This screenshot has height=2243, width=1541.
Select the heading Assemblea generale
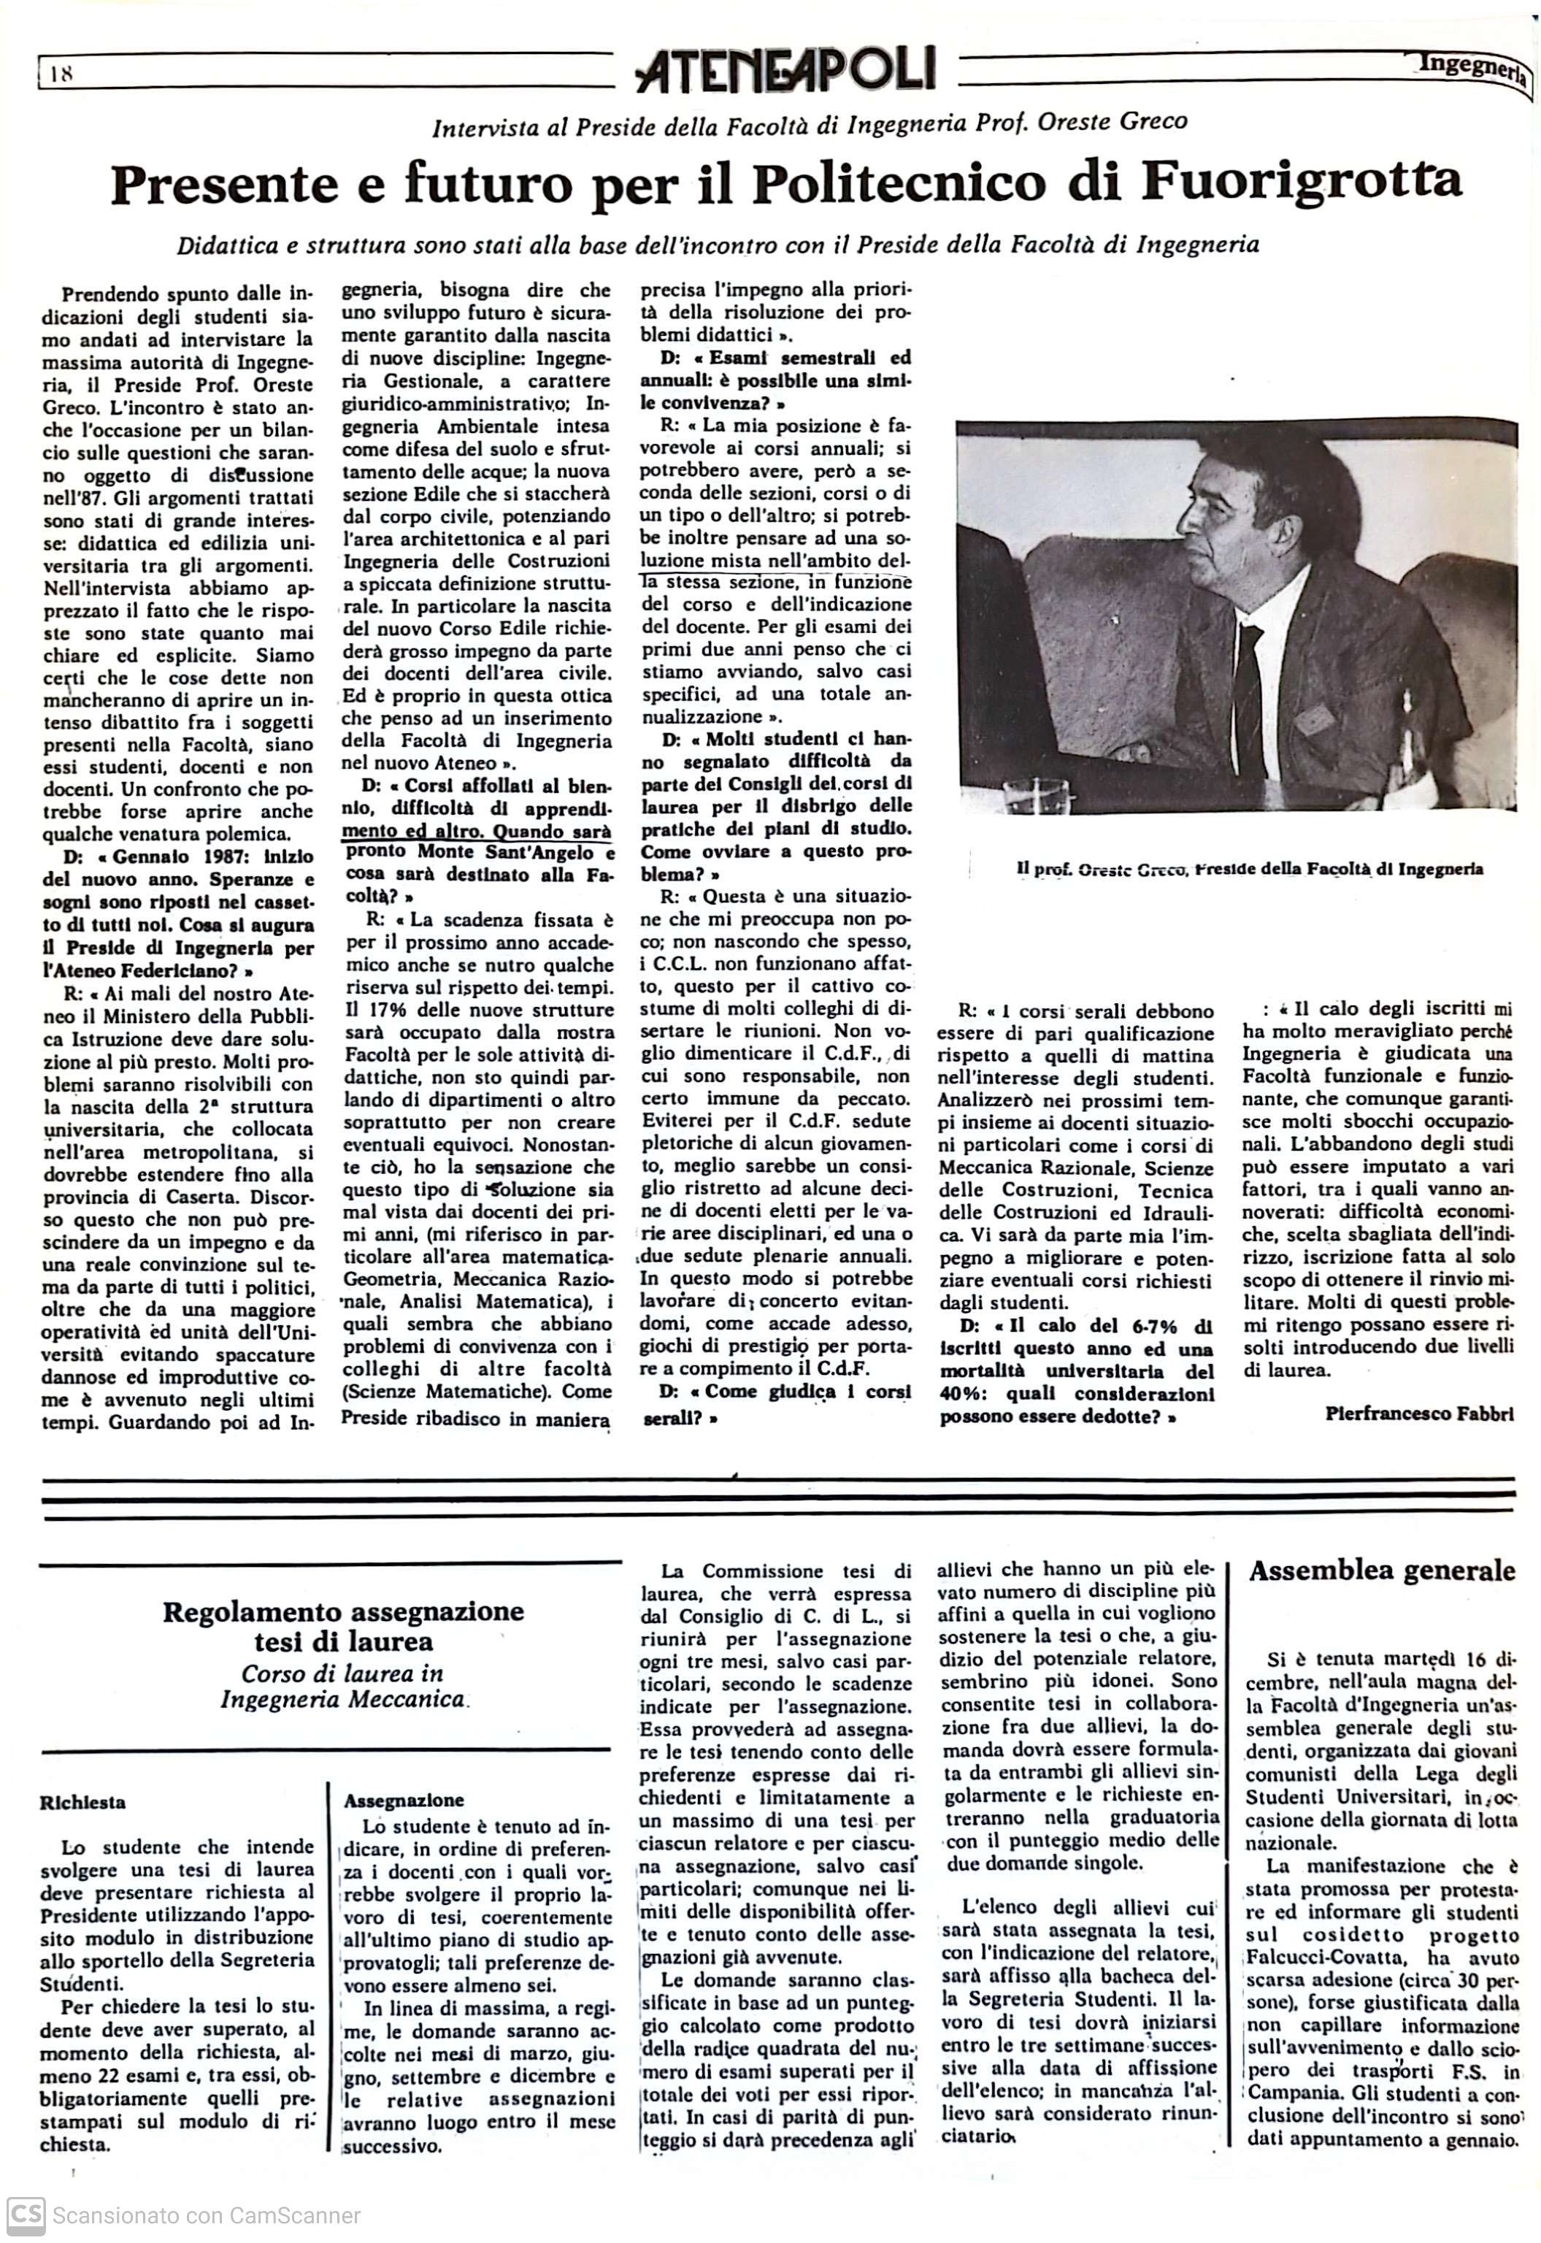[x=1382, y=1571]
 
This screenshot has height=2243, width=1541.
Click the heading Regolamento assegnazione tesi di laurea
[x=343, y=1626]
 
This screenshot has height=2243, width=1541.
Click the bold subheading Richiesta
[x=83, y=1802]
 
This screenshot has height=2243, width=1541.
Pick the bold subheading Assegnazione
[x=404, y=1800]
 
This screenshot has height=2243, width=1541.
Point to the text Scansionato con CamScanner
[x=207, y=2216]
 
